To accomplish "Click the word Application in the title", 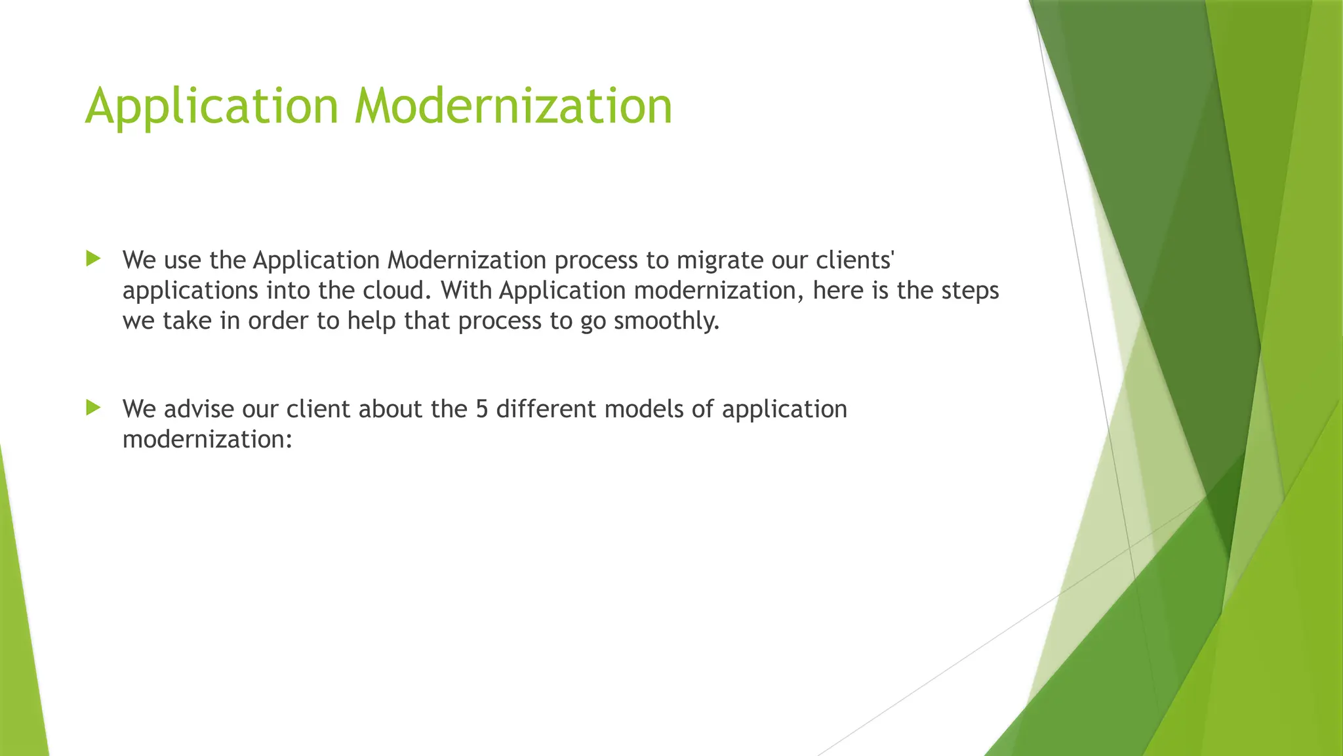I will click(x=211, y=106).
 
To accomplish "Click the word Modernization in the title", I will click(x=513, y=106).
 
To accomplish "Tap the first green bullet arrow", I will click(x=93, y=259).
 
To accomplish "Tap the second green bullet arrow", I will click(x=93, y=408).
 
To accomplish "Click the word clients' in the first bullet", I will click(x=854, y=261).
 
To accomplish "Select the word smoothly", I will click(x=666, y=321).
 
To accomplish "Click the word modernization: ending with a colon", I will click(x=207, y=439).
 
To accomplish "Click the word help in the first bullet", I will click(x=371, y=321).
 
